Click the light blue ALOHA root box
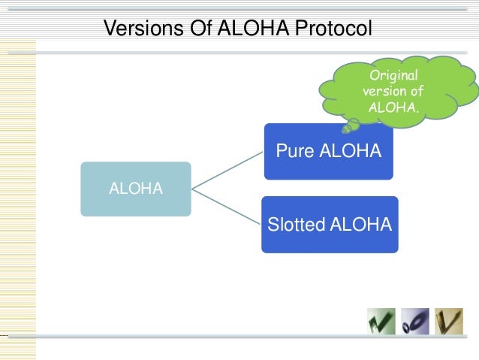point(136,189)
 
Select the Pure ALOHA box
point(328,152)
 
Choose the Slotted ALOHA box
point(330,224)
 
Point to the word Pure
point(296,152)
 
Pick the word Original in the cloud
point(393,76)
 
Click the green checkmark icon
point(381,321)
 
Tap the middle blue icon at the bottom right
point(414,321)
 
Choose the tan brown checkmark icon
point(449,321)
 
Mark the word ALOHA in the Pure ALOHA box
point(351,152)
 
